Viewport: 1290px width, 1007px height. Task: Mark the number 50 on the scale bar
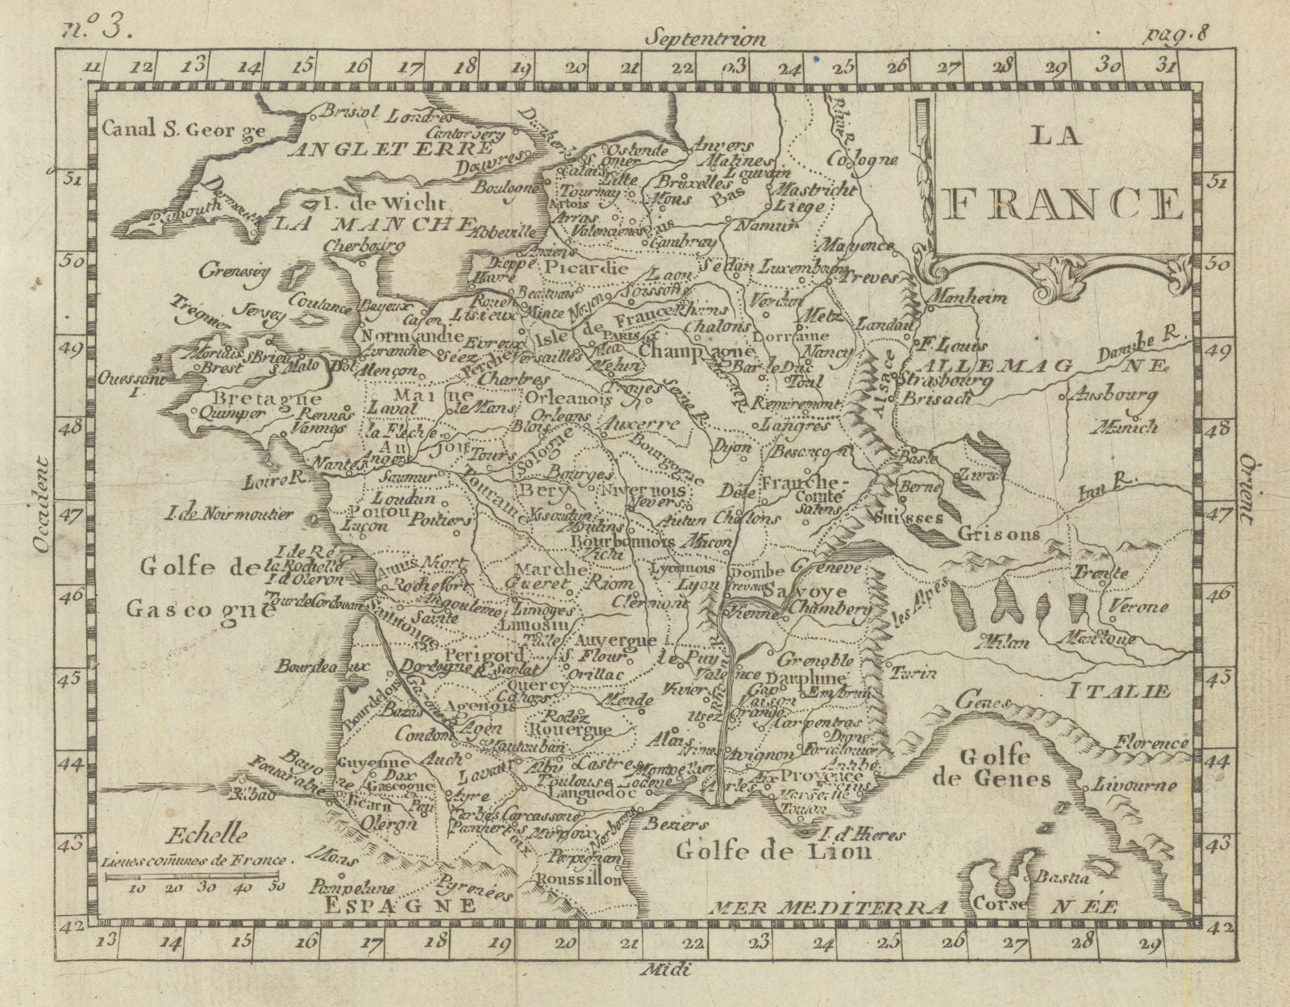point(275,886)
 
